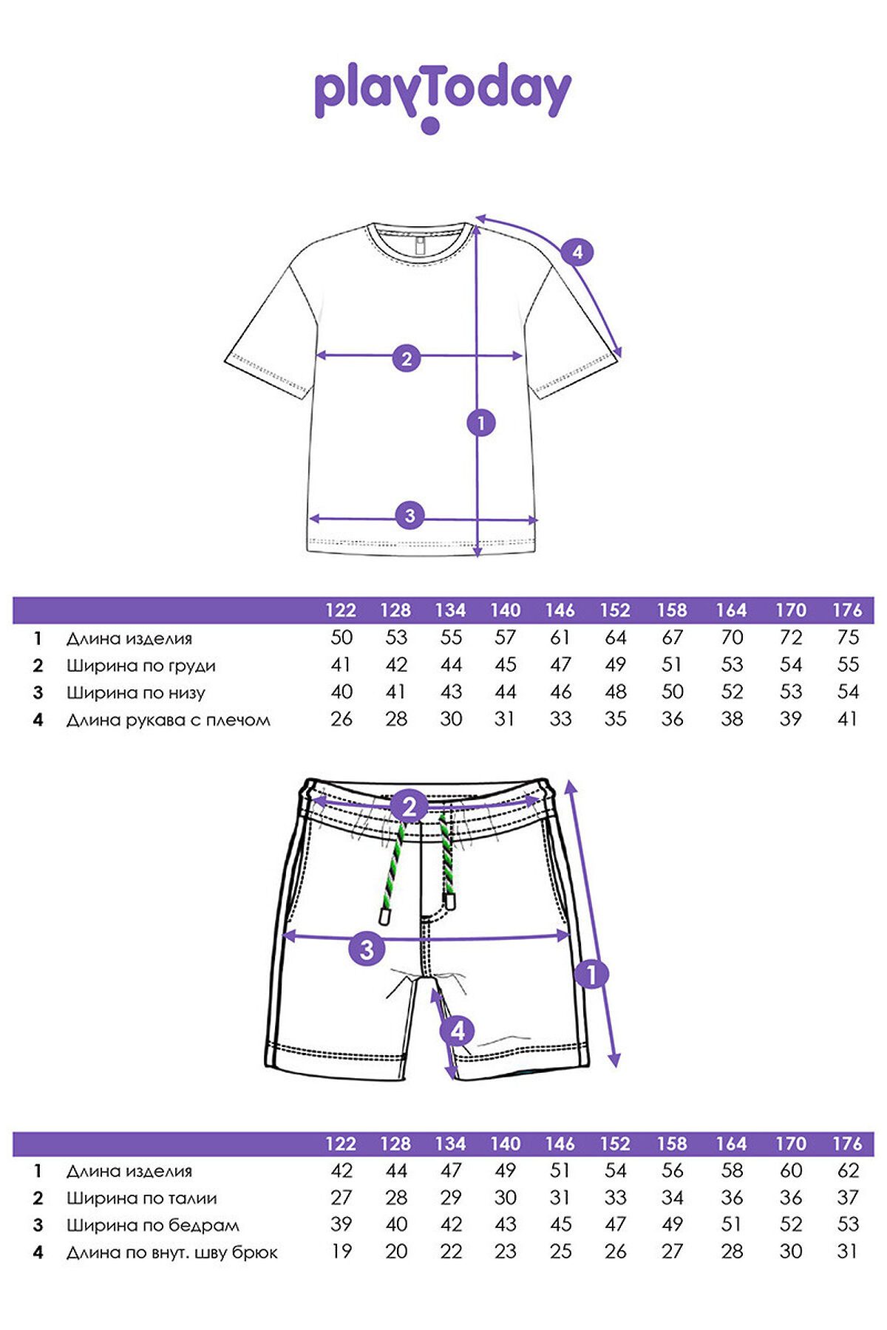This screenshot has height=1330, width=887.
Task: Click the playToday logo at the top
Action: [x=442, y=96]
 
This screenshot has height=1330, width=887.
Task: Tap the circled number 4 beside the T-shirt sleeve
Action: [x=577, y=252]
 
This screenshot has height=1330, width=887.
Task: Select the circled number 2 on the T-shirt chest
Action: [x=406, y=359]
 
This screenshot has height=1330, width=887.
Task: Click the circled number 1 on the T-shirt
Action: [x=481, y=423]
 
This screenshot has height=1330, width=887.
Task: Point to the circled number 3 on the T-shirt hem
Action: [x=410, y=515]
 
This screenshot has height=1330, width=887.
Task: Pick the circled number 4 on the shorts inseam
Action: [x=458, y=1031]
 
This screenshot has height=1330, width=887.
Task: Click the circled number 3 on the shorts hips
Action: [x=367, y=949]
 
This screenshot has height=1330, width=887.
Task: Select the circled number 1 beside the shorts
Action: [x=591, y=975]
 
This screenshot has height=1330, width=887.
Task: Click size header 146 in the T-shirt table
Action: [x=560, y=610]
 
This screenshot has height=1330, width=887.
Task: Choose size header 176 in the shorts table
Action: [x=847, y=1144]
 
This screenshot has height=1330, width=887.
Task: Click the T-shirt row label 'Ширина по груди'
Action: [x=141, y=666]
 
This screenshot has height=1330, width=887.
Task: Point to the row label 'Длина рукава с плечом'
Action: [x=169, y=720]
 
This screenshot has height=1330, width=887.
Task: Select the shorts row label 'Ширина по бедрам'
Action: [x=153, y=1225]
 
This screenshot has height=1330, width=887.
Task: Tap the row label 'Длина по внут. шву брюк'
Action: [x=172, y=1252]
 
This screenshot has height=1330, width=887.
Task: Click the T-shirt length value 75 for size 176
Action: [x=848, y=638]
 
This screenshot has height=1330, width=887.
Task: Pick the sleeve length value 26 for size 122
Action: [x=341, y=719]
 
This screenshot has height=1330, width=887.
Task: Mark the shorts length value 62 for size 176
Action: [x=848, y=1170]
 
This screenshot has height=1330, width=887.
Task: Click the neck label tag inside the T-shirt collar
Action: [x=421, y=246]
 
